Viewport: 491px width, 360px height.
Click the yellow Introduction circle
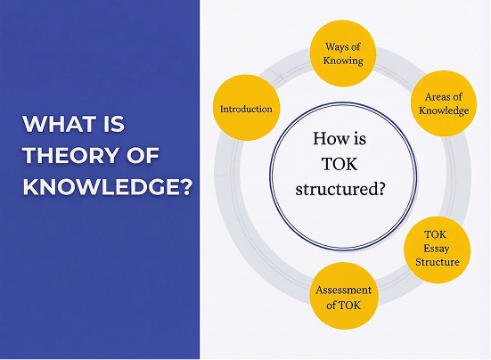pyautogui.click(x=247, y=109)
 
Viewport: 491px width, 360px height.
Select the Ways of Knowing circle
pyautogui.click(x=342, y=53)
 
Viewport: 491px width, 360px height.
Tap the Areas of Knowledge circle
pyautogui.click(x=443, y=102)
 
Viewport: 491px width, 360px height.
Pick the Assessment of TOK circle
pyautogui.click(x=342, y=296)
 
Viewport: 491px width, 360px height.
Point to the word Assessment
pyautogui.click(x=342, y=290)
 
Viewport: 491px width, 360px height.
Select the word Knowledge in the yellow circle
pyautogui.click(x=443, y=110)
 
